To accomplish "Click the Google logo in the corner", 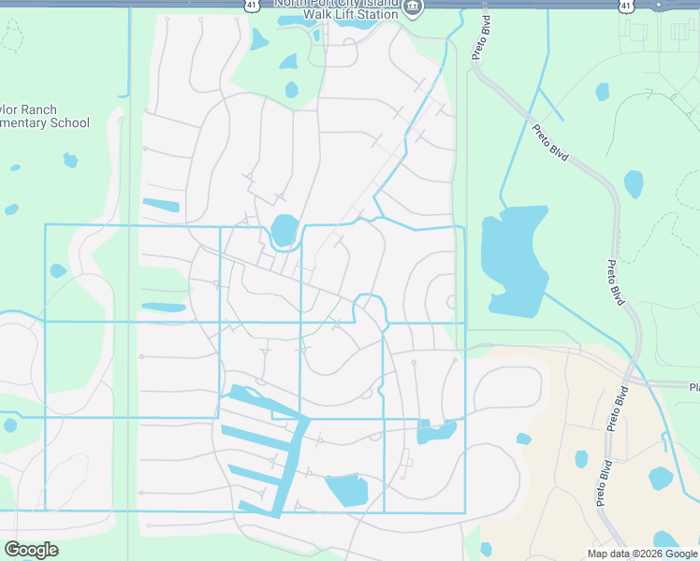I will [x=31, y=550].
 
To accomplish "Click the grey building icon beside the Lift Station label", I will [x=414, y=8].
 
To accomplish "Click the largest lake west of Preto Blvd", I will [x=512, y=262].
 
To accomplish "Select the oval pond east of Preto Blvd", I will [x=634, y=183].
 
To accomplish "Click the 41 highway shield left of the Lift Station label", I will [x=253, y=5].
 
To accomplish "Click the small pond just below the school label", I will [x=70, y=161].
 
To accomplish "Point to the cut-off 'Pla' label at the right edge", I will [x=693, y=387].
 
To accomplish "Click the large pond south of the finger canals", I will [x=346, y=489].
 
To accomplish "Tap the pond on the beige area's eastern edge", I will [x=661, y=479].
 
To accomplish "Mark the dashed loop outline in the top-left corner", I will [x=11, y=37].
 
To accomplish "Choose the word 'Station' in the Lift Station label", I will [x=375, y=15].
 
